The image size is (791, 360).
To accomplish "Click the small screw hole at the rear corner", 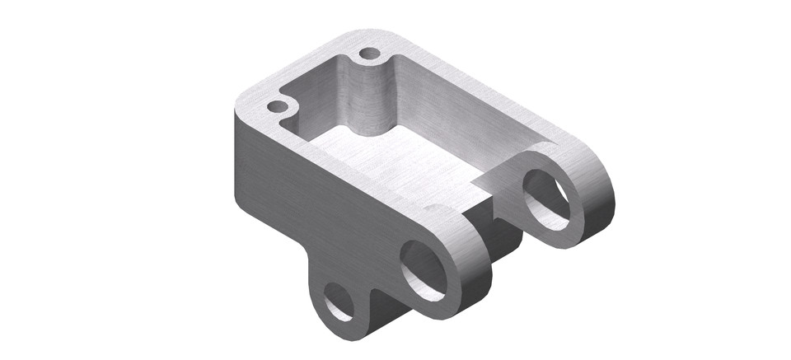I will (370, 54).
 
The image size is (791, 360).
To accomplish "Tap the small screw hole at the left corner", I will (278, 107).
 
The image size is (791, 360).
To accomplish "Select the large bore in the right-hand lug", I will (546, 199).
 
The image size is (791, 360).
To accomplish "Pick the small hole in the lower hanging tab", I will (338, 302).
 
